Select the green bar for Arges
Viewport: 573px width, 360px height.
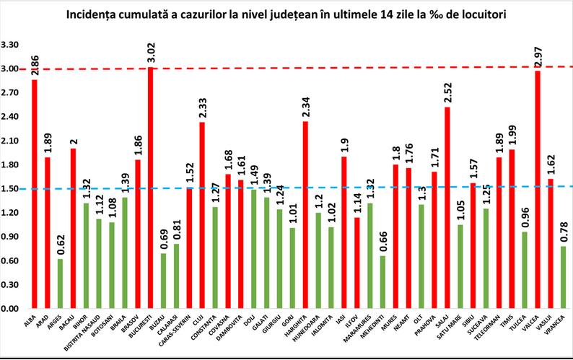tap(61, 284)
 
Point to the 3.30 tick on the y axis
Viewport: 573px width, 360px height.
tap(11, 45)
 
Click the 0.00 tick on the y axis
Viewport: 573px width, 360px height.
tap(11, 309)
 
